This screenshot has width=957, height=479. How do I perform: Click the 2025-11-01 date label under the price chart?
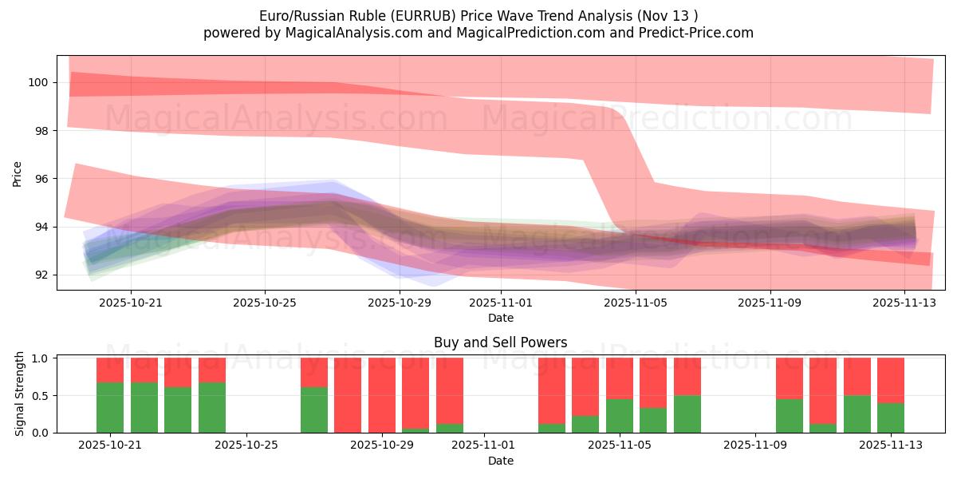click(500, 303)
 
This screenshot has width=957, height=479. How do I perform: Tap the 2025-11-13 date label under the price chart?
click(904, 303)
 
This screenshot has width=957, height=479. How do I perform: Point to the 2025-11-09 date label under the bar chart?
click(754, 445)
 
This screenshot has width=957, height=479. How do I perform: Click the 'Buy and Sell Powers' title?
click(500, 342)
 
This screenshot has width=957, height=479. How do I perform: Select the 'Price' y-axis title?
click(18, 172)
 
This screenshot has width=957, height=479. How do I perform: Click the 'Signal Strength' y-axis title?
click(20, 394)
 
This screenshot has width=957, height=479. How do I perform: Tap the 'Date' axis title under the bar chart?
click(500, 461)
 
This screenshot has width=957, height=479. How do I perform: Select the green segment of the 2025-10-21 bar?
click(110, 407)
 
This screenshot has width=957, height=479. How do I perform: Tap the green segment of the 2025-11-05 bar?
click(619, 415)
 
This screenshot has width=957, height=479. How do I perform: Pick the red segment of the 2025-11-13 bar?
click(891, 380)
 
